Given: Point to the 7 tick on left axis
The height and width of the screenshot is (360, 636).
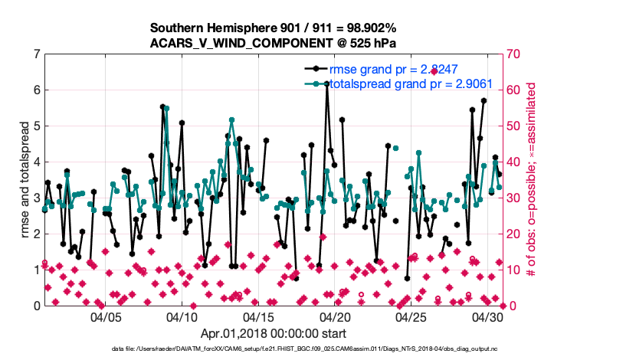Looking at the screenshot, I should click(36, 54).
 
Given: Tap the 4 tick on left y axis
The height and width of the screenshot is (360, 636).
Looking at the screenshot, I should click(36, 162).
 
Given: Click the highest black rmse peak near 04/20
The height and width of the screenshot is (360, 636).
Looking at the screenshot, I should click(326, 84).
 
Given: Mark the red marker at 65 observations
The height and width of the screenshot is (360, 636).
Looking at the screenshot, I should click(434, 71).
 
